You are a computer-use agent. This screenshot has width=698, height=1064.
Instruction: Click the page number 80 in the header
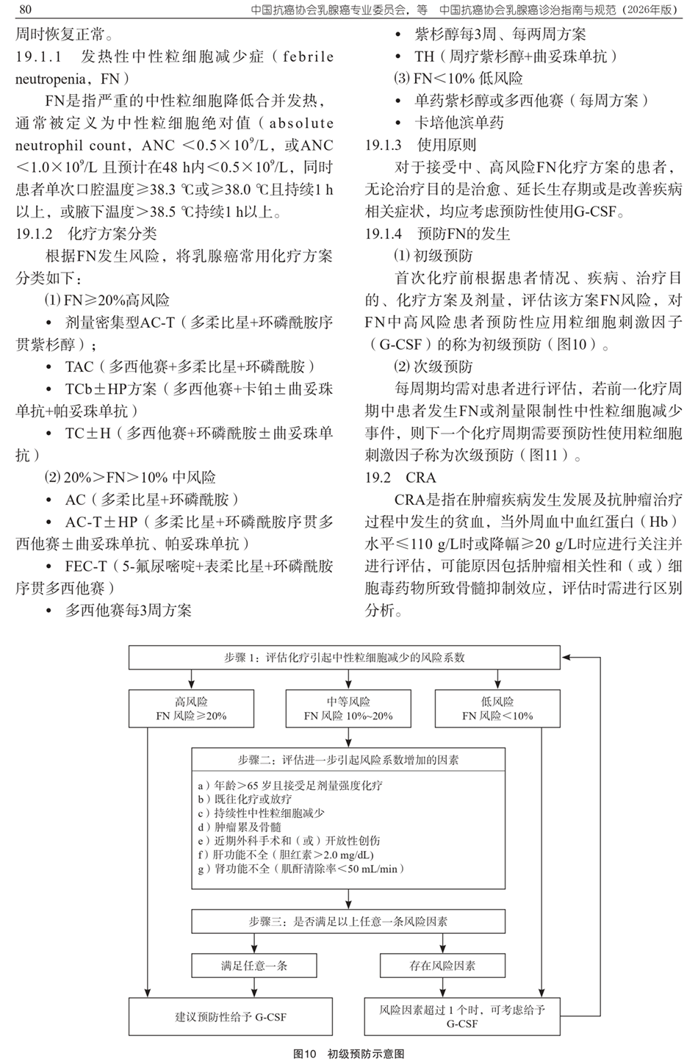[x=24, y=10]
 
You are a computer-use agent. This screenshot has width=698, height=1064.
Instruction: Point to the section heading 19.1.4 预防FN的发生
[x=438, y=234]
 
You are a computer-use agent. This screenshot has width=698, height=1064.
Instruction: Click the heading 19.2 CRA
[x=400, y=478]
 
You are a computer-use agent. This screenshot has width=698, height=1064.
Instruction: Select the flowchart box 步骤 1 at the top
[x=344, y=658]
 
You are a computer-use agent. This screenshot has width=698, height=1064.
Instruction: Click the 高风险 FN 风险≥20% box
[x=191, y=708]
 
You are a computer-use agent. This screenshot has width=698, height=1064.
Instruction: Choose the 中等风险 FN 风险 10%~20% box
[x=348, y=708]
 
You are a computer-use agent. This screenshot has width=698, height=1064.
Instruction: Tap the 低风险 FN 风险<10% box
[x=497, y=708]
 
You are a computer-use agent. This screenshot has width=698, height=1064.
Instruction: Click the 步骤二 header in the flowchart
[x=348, y=760]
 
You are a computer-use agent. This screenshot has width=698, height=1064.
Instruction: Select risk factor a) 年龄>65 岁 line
[x=289, y=785]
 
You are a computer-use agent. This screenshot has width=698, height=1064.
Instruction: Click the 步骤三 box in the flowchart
[x=348, y=921]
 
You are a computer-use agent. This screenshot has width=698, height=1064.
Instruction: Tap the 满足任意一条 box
[x=254, y=966]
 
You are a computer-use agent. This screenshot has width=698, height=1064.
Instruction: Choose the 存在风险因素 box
[x=442, y=966]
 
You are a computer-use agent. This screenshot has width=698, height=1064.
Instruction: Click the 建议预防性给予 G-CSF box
[x=231, y=1017]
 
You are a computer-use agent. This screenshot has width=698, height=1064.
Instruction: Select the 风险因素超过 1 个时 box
[x=462, y=1017]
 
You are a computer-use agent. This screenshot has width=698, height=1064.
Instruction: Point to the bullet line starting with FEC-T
[x=198, y=566]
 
